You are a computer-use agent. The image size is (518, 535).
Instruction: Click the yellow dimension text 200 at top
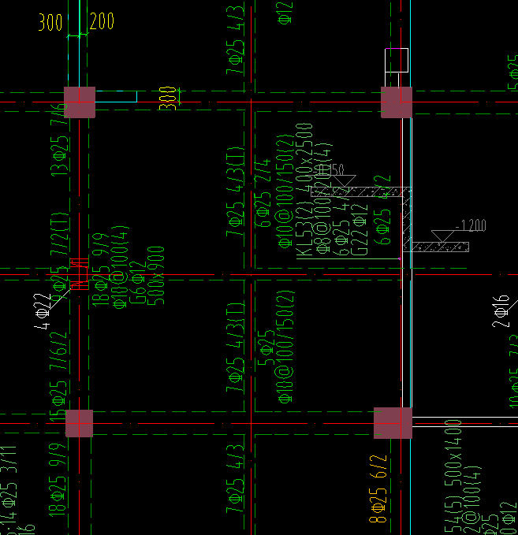[102, 22]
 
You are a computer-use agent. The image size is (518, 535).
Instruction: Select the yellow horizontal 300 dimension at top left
[50, 22]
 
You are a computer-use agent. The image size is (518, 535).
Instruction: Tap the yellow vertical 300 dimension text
[168, 97]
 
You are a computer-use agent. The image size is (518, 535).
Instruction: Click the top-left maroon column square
[80, 102]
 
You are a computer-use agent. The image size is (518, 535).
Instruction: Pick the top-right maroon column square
[397, 102]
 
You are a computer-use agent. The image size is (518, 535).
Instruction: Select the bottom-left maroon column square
[79, 423]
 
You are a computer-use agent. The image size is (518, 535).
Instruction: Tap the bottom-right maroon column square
[393, 423]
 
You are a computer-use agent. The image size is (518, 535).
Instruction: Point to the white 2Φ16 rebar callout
[501, 312]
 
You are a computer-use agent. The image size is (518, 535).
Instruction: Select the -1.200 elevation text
[471, 226]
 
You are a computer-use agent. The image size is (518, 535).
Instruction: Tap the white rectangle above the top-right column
[397, 60]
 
